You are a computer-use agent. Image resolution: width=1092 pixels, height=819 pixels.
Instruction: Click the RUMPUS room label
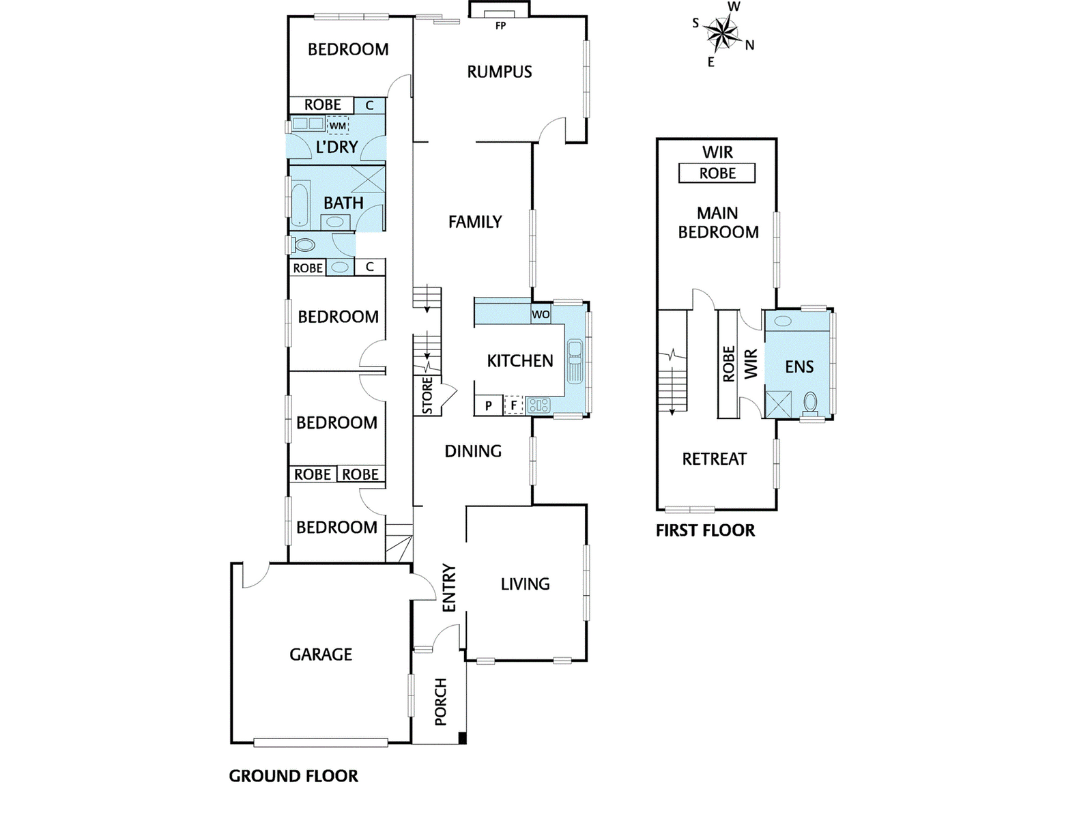[x=499, y=72]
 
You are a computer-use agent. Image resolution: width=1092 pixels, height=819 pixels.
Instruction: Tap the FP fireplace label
[x=500, y=26]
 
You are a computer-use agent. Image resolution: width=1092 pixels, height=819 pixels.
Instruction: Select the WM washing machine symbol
[x=338, y=126]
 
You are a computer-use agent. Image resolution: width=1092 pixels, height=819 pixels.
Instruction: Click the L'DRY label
[x=336, y=147]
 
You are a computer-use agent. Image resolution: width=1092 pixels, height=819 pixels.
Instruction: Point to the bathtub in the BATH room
[x=300, y=203]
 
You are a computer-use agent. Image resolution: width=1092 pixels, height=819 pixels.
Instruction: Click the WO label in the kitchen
[x=541, y=315]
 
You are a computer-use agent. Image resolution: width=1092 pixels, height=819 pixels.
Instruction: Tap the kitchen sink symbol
[x=575, y=361]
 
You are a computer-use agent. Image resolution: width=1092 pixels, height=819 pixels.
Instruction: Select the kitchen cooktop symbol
[x=538, y=405]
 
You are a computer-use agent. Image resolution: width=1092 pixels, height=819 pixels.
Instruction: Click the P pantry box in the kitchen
[x=489, y=405]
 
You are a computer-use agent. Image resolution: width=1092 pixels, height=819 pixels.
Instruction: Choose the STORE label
[x=427, y=396]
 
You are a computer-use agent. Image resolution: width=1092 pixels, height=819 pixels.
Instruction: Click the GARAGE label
[x=321, y=655]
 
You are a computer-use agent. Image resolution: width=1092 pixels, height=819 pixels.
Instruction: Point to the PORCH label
[x=440, y=702]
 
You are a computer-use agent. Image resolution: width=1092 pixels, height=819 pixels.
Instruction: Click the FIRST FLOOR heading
[x=705, y=530]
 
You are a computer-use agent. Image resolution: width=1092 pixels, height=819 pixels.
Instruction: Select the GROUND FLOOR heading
[x=293, y=776]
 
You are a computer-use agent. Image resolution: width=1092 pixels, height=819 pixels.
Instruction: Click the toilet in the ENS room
[x=811, y=403]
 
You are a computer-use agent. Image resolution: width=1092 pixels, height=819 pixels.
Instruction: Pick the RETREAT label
[x=714, y=459]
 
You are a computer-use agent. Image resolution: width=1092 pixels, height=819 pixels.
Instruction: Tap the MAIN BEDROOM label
[x=718, y=222]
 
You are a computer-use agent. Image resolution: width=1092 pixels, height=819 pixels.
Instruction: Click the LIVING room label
[x=525, y=584]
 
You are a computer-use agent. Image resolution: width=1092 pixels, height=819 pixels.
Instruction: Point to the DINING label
[x=473, y=451]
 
